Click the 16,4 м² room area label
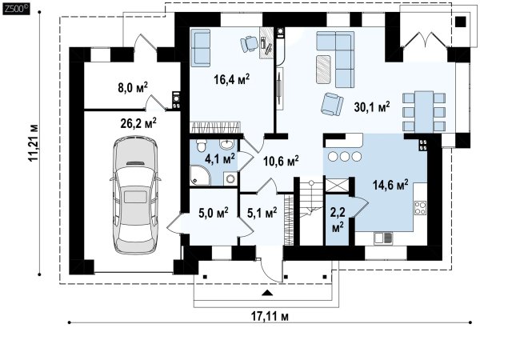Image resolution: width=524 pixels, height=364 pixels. point(232,79)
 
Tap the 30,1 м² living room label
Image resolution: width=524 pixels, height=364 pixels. point(372,107)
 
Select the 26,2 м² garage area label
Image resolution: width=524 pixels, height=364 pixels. point(138,123)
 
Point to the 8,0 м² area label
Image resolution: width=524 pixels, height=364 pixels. point(133,87)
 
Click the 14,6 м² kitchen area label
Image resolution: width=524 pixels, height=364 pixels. point(390,185)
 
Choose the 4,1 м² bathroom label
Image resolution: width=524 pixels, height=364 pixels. point(219,158)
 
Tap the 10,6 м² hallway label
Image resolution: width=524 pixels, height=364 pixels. point(281,161)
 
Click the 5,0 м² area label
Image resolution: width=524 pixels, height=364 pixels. point(214,213)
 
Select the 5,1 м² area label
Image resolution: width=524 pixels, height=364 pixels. point(262,213)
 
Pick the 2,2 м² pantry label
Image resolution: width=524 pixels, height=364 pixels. point(337,220)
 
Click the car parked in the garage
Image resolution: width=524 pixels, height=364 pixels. point(135,194)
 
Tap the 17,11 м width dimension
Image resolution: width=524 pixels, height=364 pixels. point(270,316)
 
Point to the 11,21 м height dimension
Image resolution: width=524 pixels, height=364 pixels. point(34,143)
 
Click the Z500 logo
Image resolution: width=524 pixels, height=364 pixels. point(16,9)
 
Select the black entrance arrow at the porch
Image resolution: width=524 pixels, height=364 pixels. point(266,293)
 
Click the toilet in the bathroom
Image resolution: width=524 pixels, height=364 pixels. point(202,146)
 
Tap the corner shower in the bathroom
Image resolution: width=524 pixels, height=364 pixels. point(200,175)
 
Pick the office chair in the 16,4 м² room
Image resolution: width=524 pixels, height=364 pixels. point(249,44)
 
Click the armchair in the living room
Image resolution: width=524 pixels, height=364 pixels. point(332,104)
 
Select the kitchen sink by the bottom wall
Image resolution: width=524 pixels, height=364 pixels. point(383,238)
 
